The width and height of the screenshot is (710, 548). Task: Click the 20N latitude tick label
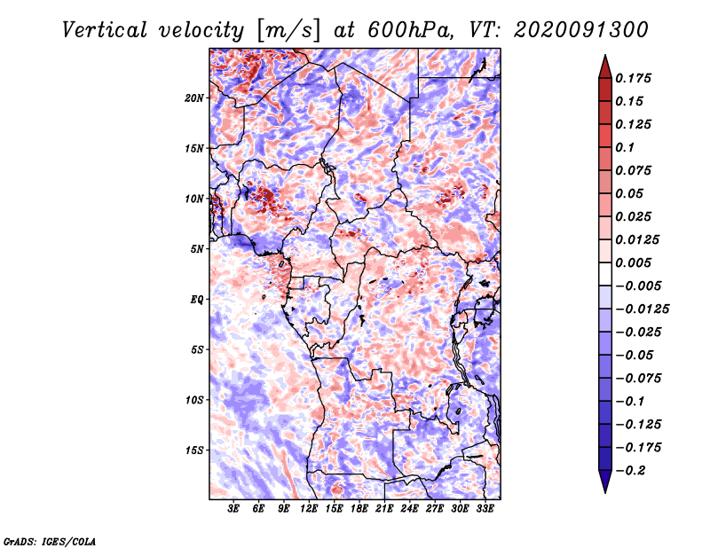194,98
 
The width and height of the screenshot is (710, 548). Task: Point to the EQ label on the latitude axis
197,299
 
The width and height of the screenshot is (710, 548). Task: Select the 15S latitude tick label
194,450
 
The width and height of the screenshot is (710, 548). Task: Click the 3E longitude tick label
234,509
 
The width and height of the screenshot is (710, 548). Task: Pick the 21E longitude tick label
384,509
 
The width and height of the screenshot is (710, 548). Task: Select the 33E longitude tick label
485,509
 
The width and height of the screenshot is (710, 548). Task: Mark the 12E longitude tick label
309,509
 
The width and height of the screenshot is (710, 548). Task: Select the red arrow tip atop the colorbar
604,63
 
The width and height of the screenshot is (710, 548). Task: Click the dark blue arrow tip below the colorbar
604,484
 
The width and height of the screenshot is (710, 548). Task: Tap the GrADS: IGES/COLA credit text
50,540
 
